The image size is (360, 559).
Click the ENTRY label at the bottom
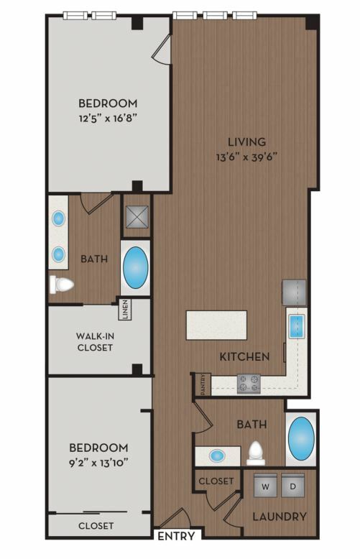coord(176,536)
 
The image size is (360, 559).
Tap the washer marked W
coord(265,485)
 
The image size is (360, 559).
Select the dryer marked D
coord(292,485)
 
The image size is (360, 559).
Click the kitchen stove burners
coord(249,384)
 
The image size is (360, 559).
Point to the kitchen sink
coord(296,326)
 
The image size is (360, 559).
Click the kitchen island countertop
coord(216,325)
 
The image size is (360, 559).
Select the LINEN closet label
coord(125,309)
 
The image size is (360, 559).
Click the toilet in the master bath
coord(62,285)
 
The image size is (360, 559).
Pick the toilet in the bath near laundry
coord(256,453)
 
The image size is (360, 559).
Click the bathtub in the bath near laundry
coord(301,438)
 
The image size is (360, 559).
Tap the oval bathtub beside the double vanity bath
coord(135,268)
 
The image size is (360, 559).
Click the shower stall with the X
coord(137,216)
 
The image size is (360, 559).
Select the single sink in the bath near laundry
coord(217,456)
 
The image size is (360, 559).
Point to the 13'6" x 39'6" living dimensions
coord(246,157)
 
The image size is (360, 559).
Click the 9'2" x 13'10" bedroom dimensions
coord(98,463)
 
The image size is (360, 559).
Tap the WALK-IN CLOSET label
coord(95,341)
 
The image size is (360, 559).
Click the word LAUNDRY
coord(280,517)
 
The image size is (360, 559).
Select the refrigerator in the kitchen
coord(294,292)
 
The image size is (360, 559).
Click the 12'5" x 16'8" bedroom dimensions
coord(108,118)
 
